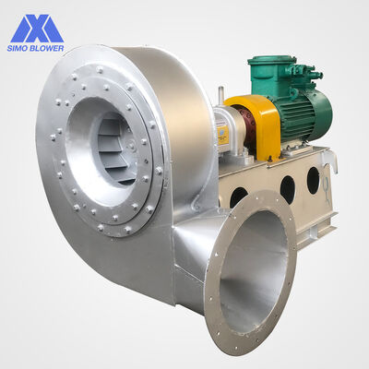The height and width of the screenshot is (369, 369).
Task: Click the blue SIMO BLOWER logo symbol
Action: pyautogui.click(x=37, y=28)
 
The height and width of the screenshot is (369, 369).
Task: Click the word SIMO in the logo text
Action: pyautogui.click(x=18, y=48)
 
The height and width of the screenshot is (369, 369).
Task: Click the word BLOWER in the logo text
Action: pyautogui.click(x=47, y=48)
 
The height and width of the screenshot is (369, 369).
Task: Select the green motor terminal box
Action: pyautogui.click(x=270, y=74)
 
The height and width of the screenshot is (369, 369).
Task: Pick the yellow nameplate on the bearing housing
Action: pyautogui.click(x=222, y=135)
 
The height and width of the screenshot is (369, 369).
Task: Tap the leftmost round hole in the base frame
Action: pyautogui.click(x=239, y=197)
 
